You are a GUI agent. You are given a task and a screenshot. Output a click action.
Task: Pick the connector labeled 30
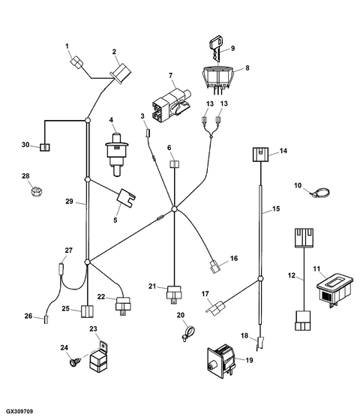pos(46,145)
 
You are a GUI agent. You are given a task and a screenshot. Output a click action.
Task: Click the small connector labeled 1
pos(75,62)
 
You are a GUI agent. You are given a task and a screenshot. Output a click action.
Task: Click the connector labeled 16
pos(216,266)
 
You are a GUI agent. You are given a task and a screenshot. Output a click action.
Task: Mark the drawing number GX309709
pos(19,412)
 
